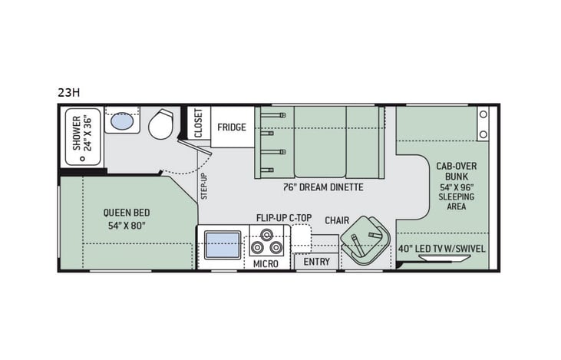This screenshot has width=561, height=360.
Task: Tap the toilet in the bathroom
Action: click(160, 124)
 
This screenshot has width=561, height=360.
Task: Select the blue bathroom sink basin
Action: click(121, 121)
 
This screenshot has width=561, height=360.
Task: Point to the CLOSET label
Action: click(199, 122)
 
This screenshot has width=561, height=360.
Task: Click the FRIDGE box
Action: click(231, 127)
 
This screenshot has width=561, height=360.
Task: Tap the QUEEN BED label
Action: click(127, 213)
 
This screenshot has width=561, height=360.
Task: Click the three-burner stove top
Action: click(266, 245)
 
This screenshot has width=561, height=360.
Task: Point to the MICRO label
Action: click(266, 263)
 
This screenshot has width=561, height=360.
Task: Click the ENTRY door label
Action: click(317, 262)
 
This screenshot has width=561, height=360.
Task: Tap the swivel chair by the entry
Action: click(365, 241)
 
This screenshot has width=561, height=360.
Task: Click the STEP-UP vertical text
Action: click(203, 186)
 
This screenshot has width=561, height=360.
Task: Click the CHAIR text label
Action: click(337, 220)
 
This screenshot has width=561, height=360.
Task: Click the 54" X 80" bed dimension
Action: click(127, 226)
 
